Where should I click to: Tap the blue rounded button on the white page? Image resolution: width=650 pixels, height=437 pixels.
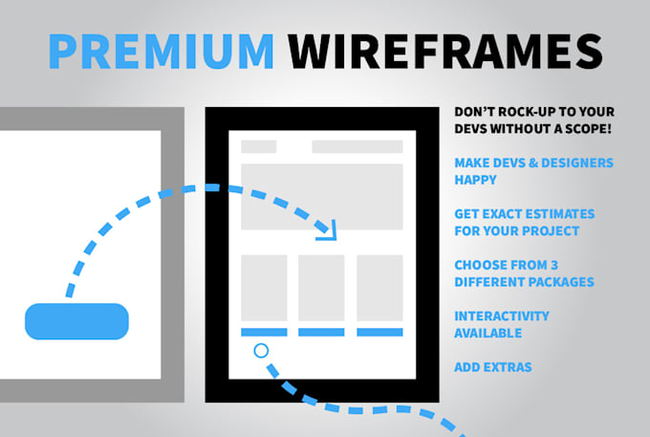point(76,321)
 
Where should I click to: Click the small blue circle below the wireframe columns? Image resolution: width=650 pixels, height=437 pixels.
point(261,351)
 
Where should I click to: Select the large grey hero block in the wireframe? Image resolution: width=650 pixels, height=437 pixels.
point(322,196)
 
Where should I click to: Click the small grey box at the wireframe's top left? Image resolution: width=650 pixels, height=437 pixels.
point(258,146)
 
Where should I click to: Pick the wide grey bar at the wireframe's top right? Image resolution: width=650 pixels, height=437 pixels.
point(357,146)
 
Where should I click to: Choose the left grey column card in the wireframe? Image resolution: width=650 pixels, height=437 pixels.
point(264,288)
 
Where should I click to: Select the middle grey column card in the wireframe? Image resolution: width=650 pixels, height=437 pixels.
point(322,288)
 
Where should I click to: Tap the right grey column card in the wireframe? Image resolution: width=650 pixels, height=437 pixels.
point(379,288)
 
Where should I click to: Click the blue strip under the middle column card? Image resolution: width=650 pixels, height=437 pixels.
point(322,332)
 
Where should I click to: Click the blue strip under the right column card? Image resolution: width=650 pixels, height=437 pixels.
point(379,332)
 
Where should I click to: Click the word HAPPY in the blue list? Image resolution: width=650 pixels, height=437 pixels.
point(475,179)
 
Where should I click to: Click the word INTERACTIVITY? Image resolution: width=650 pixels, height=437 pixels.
point(502,317)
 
